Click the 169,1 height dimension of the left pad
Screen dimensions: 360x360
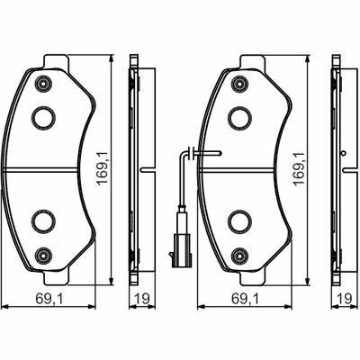tap(103, 168)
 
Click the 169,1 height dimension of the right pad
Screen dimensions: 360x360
tap(299, 168)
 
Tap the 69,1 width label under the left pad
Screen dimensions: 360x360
tap(49, 299)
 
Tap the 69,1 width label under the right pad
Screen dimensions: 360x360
tap(246, 299)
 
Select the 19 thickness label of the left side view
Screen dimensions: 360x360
tap(141, 299)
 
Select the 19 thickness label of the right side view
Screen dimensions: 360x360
tap(345, 299)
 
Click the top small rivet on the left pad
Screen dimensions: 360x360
tap(43, 84)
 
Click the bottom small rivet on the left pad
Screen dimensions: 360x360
tap(43, 256)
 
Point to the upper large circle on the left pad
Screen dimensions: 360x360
tap(44, 118)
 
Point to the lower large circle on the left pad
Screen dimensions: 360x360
tap(44, 221)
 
